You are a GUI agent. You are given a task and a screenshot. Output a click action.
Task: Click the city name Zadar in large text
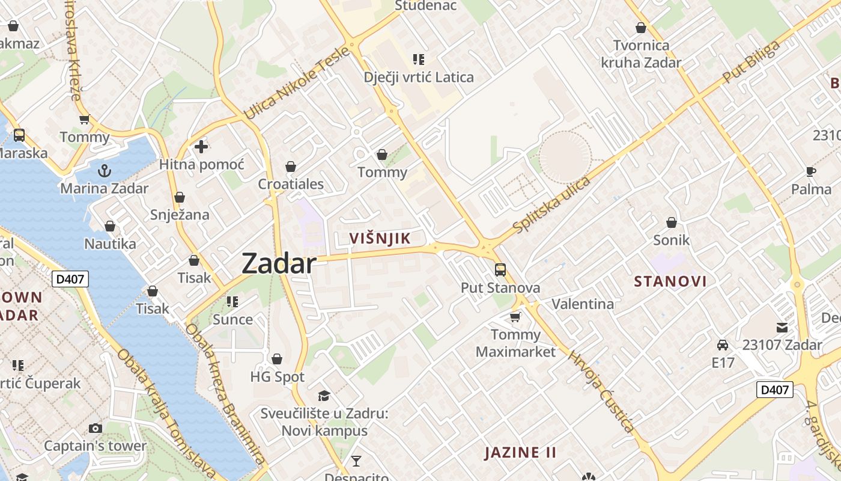click(x=279, y=264)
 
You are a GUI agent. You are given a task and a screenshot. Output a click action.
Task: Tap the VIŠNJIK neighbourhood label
click(x=380, y=238)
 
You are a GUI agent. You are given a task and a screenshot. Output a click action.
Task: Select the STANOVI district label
click(x=670, y=281)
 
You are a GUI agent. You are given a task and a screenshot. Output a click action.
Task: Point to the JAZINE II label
click(x=520, y=452)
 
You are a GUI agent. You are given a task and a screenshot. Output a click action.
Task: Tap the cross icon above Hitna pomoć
click(x=201, y=146)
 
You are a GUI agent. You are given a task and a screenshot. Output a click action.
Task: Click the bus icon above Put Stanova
click(x=500, y=270)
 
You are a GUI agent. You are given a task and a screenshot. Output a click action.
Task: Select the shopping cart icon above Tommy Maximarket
click(x=515, y=316)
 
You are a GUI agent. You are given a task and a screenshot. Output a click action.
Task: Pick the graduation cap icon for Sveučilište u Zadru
click(x=324, y=396)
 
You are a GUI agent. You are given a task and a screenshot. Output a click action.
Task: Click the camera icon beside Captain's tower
click(x=95, y=428)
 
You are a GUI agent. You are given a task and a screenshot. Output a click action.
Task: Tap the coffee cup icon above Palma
click(x=810, y=172)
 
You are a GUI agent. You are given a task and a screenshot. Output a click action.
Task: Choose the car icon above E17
click(x=723, y=345)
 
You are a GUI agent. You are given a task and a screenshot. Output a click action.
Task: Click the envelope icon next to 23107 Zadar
click(x=782, y=328)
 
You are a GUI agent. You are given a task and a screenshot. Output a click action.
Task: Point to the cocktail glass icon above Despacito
click(x=356, y=461)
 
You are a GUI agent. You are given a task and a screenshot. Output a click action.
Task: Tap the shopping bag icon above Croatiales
click(x=291, y=166)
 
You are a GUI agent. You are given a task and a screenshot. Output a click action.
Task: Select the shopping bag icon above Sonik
click(x=671, y=222)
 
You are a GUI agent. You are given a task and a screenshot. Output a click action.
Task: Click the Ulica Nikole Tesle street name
click(x=296, y=84)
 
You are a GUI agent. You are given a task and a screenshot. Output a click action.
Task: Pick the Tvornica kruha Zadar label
click(x=641, y=54)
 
